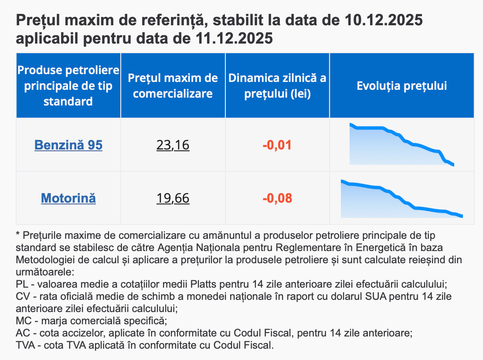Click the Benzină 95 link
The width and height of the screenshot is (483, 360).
(x=68, y=145)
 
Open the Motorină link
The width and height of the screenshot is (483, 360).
(x=68, y=198)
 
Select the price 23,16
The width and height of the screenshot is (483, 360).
(x=173, y=145)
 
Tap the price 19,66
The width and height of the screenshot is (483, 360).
(x=173, y=198)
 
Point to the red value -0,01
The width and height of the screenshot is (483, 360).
(x=277, y=145)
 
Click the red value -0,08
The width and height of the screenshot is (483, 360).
(x=277, y=198)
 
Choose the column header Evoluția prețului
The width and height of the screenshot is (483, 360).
(x=401, y=86)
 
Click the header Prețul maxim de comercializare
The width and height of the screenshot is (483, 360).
(x=173, y=86)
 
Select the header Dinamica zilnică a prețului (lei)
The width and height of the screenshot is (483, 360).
(x=277, y=86)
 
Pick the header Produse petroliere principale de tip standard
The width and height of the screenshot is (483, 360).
(x=68, y=86)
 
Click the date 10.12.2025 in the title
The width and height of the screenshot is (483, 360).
(x=383, y=20)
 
